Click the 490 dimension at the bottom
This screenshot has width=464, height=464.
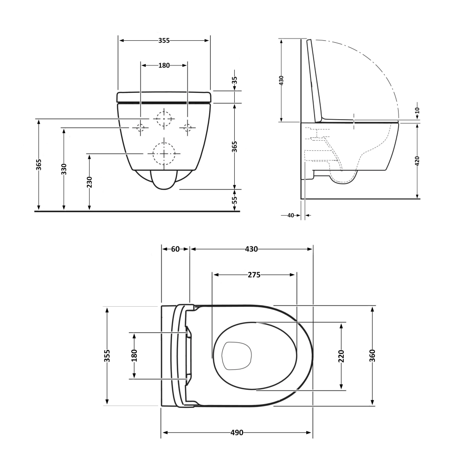(x=237, y=433)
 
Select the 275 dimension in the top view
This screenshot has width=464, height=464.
(x=253, y=275)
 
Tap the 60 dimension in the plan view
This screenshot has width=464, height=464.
(x=175, y=249)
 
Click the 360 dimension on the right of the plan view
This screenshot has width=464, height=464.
(x=373, y=355)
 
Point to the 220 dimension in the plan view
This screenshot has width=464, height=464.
(x=341, y=356)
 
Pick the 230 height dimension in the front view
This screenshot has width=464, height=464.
(x=90, y=182)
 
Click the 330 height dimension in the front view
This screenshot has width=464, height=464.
(x=64, y=169)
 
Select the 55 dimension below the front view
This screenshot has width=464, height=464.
(x=234, y=200)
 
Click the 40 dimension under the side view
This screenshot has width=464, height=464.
(x=291, y=215)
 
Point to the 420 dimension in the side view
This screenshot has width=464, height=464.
(x=417, y=161)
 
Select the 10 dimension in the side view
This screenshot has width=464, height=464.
(x=417, y=110)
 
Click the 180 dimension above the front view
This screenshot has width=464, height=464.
(x=164, y=65)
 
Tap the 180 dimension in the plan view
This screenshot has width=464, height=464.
(x=135, y=355)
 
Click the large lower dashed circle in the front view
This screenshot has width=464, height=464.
(x=164, y=153)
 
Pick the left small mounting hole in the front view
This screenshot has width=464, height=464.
(x=140, y=127)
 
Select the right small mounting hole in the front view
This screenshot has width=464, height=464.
(x=187, y=127)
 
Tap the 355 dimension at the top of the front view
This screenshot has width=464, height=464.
(x=164, y=40)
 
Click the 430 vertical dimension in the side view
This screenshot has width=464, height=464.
(x=281, y=80)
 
